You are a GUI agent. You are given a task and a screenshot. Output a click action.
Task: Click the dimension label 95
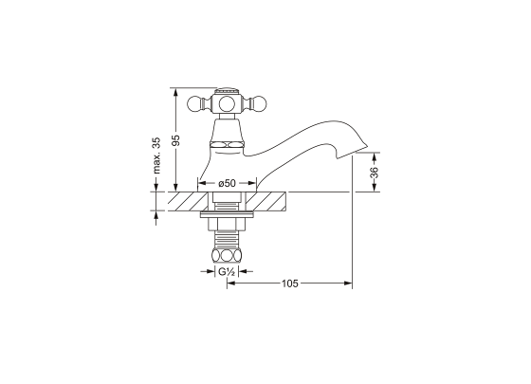coord(175,140)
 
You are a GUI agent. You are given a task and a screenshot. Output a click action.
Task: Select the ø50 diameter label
coord(227,183)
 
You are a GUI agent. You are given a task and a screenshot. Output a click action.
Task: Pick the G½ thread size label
coord(227,272)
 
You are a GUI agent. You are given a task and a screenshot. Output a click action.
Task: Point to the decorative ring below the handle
coord(227,145)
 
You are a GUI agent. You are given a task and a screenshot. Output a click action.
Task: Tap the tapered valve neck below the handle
coord(227,128)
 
